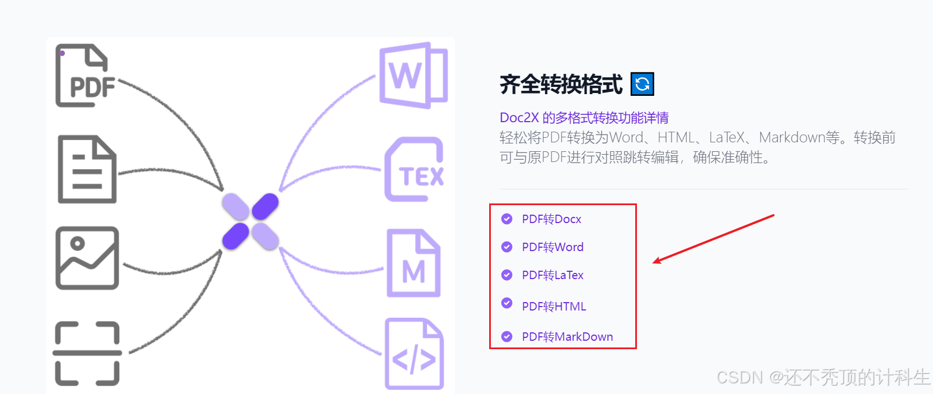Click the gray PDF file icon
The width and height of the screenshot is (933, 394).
(85, 76)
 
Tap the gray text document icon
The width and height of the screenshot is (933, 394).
(87, 169)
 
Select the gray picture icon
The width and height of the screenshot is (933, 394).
(87, 258)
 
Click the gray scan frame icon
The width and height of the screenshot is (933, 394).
(87, 354)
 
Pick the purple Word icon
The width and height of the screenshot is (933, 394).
(414, 75)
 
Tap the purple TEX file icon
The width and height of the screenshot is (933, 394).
(415, 169)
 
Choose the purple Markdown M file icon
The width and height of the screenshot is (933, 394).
(414, 263)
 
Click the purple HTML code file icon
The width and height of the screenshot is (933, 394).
(414, 354)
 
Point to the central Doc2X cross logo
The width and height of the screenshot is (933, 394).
(250, 221)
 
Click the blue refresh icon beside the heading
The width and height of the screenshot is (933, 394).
(642, 84)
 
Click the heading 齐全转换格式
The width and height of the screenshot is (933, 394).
(561, 85)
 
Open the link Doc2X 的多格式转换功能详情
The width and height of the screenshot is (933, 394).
(584, 118)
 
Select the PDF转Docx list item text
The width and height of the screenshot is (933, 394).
(551, 219)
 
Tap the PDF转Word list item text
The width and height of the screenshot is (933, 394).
(552, 247)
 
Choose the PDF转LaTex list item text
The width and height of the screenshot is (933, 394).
(552, 275)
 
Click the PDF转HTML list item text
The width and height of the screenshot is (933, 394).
(554, 307)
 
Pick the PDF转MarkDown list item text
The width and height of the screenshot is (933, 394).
(567, 337)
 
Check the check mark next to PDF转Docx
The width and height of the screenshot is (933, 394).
(507, 219)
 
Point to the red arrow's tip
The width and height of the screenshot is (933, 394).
(654, 262)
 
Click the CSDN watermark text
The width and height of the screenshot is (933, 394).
(823, 377)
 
